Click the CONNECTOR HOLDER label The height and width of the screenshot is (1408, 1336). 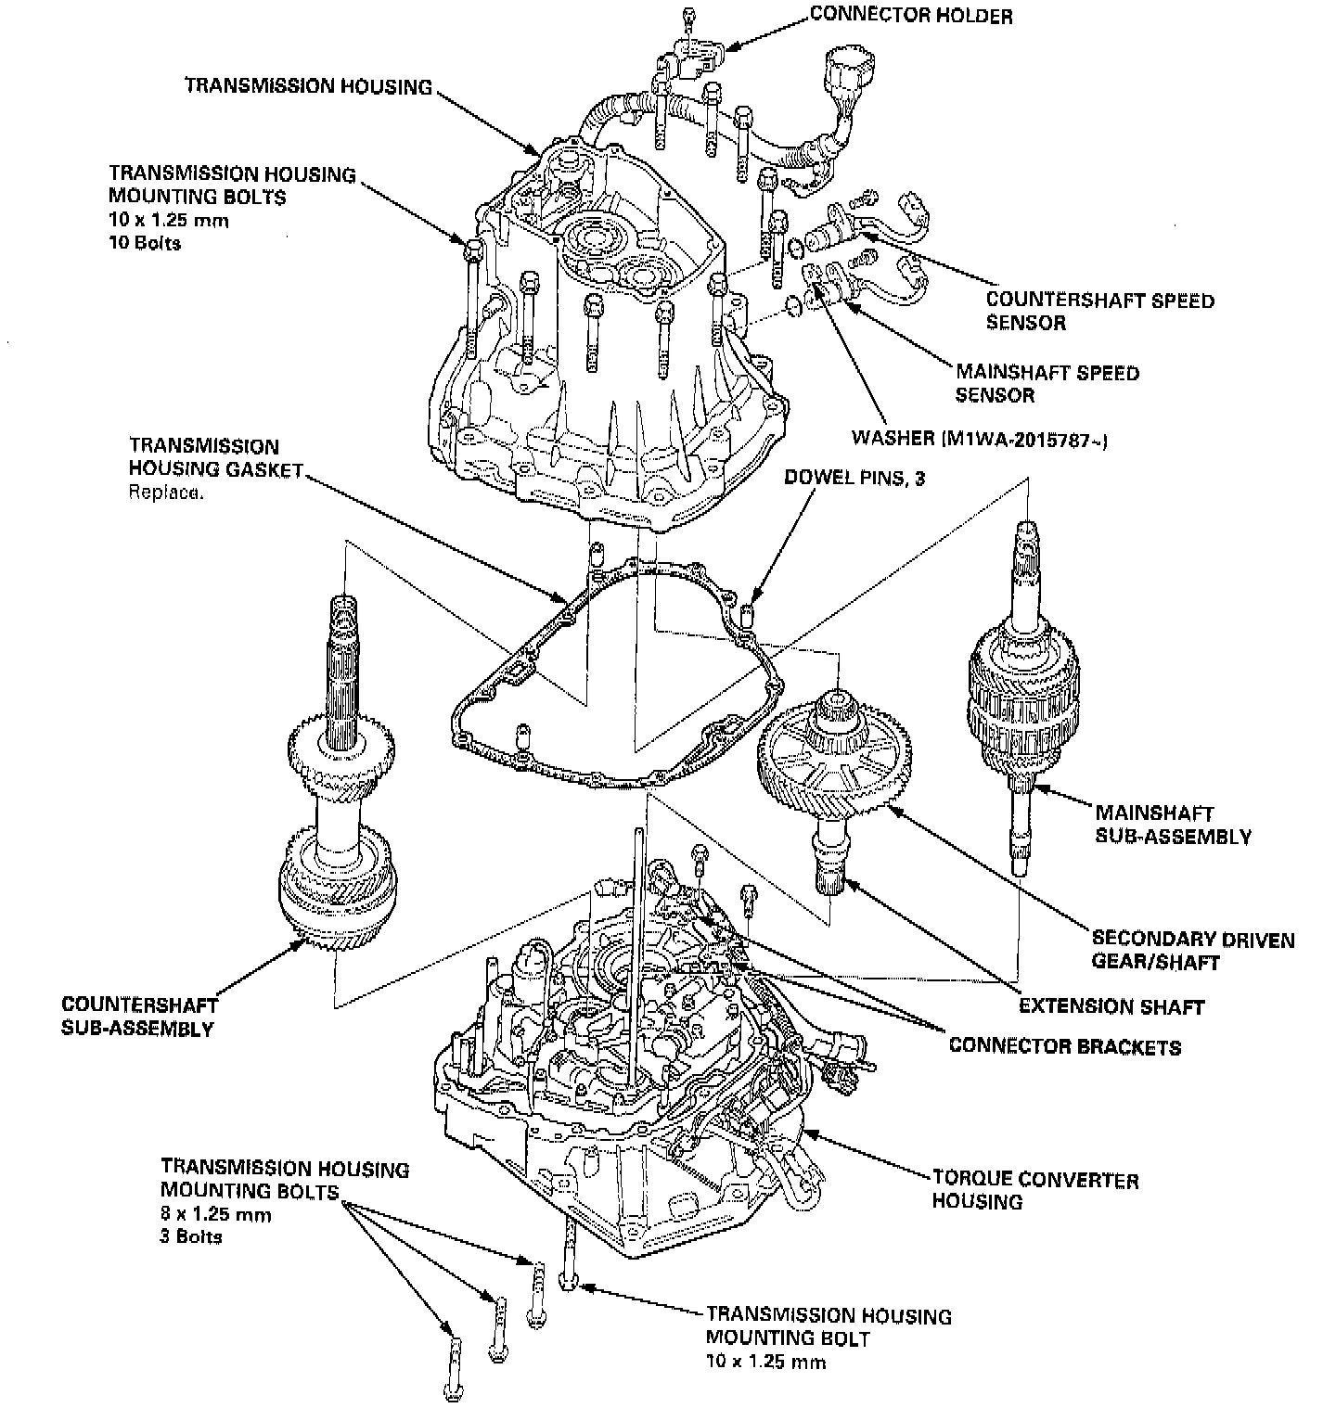(910, 16)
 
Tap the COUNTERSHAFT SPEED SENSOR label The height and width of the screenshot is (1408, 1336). (1098, 312)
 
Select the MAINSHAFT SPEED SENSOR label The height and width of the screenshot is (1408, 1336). (1047, 384)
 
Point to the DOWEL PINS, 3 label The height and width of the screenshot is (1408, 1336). (854, 479)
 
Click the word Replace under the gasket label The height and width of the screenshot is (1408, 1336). (165, 493)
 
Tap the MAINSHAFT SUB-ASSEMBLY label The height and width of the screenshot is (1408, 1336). (1173, 825)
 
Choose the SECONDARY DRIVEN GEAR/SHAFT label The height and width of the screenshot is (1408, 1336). (1192, 950)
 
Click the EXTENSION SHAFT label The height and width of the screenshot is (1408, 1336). (1111, 1006)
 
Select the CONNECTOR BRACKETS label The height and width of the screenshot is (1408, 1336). (1064, 1047)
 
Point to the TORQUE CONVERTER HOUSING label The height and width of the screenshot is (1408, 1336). (1034, 1191)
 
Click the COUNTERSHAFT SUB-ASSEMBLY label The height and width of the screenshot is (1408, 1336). (139, 1017)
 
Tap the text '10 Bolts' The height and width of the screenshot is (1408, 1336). (145, 244)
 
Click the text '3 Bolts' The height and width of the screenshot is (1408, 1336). (191, 1236)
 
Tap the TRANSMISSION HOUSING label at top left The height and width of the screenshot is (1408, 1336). (308, 86)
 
